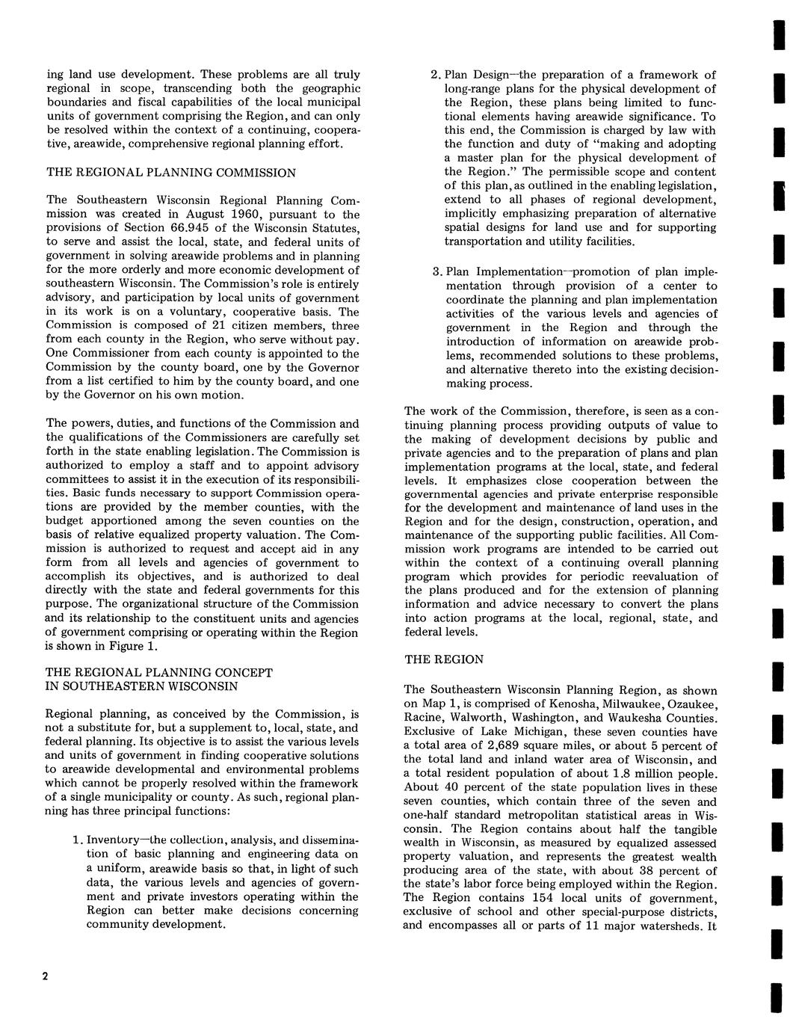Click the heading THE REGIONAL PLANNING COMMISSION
[x=171, y=173]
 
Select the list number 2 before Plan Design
[x=436, y=75]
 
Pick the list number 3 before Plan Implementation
[x=436, y=271]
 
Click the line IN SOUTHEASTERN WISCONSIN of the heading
[x=142, y=686]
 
